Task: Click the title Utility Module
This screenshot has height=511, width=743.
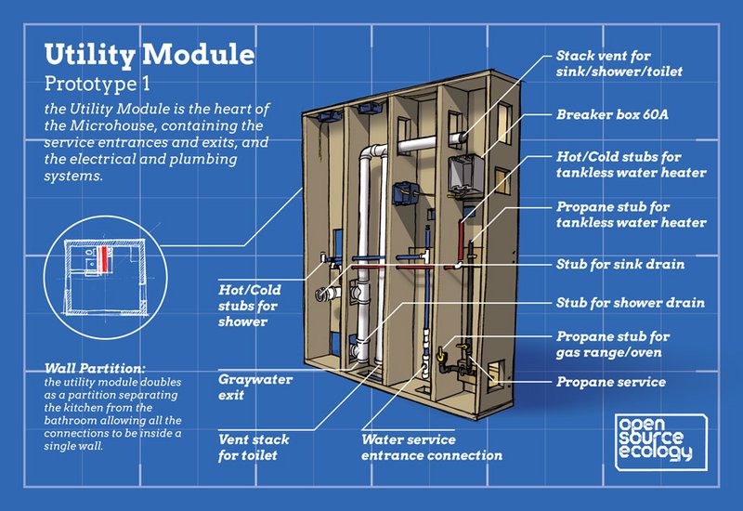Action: pos(149,54)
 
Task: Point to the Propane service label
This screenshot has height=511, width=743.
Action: pos(610,382)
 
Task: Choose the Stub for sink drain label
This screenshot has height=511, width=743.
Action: pos(619,265)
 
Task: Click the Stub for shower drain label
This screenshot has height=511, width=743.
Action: pos(629,303)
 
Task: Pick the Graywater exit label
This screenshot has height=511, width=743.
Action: pos(255,387)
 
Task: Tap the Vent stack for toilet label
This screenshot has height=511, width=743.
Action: pos(254,447)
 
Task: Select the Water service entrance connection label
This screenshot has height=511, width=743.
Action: pos(431,447)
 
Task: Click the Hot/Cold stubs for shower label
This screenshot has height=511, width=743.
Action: pos(251,306)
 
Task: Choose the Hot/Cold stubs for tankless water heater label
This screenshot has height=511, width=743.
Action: pos(631,164)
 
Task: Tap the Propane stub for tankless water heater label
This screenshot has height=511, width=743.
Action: pos(631,215)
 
